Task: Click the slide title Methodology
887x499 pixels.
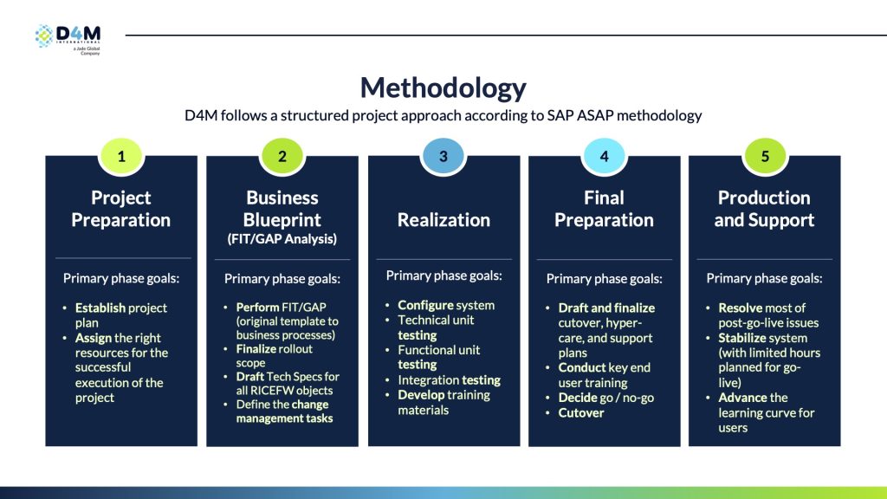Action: (443, 87)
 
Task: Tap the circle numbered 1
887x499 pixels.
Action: (121, 156)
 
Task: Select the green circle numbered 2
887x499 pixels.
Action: (282, 156)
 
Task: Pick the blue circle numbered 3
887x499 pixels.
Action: (443, 156)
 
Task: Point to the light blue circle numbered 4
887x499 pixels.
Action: (604, 156)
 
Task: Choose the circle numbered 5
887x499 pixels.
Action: (764, 156)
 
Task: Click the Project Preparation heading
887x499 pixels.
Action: (121, 209)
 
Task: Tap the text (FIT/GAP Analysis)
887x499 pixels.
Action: (282, 238)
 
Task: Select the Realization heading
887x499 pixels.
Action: (443, 220)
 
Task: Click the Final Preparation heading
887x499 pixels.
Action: (604, 209)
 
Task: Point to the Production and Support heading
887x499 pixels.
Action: (764, 209)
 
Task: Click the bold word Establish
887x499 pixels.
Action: (100, 308)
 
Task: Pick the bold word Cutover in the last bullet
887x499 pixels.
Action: (581, 412)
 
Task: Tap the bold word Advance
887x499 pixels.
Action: (742, 398)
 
